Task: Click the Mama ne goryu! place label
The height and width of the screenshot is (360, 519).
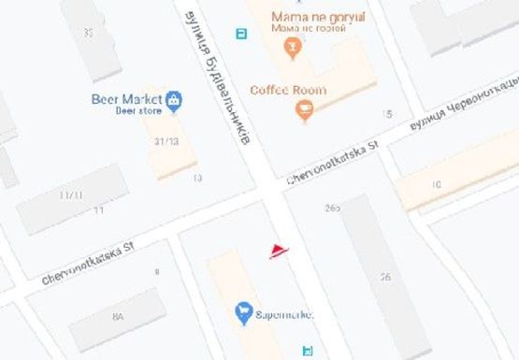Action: pyautogui.click(x=317, y=17)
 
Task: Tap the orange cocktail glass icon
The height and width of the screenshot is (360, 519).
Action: pyautogui.click(x=294, y=48)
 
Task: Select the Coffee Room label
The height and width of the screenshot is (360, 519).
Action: pyautogui.click(x=288, y=90)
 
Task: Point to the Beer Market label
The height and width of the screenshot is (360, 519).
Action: pyautogui.click(x=125, y=99)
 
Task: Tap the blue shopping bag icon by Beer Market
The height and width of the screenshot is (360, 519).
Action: pyautogui.click(x=174, y=99)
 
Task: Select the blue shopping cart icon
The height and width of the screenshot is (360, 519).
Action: pyautogui.click(x=243, y=310)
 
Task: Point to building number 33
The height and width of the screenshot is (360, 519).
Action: pyautogui.click(x=89, y=32)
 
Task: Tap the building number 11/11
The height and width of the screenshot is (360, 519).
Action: pyautogui.click(x=71, y=195)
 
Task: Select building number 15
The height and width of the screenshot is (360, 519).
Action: pyautogui.click(x=386, y=114)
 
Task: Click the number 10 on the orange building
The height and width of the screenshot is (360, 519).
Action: pyautogui.click(x=436, y=185)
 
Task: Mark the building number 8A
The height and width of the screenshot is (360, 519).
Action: pyautogui.click(x=118, y=317)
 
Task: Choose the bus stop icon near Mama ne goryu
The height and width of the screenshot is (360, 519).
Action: pyautogui.click(x=242, y=35)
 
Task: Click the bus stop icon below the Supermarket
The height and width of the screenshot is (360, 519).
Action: pyautogui.click(x=307, y=351)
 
